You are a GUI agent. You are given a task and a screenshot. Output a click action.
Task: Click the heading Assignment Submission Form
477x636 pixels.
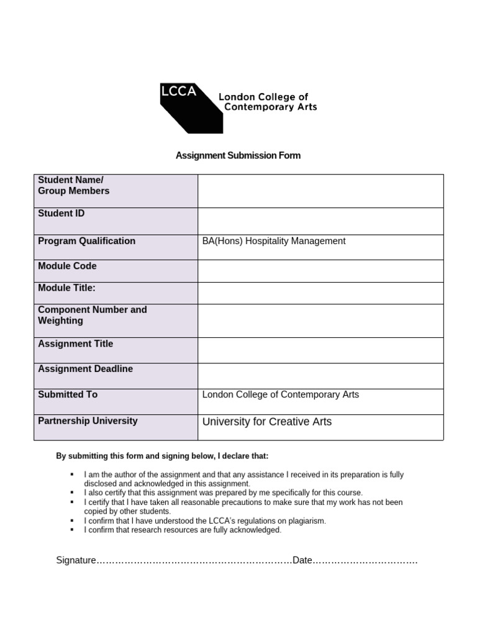[238, 155]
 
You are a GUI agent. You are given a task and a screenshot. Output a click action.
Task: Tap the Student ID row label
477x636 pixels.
[61, 214]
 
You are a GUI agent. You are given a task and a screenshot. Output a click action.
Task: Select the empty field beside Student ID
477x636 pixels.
[320, 221]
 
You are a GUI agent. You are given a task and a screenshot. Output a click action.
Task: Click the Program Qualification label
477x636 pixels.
[86, 241]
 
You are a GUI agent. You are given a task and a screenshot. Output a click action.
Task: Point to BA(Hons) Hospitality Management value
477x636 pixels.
[274, 241]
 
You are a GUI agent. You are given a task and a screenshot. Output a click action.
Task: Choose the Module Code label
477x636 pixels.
[67, 266]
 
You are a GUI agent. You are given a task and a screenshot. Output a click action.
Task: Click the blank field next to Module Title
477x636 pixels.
[320, 293]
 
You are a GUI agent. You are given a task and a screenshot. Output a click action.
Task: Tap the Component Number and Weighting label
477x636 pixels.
[92, 315]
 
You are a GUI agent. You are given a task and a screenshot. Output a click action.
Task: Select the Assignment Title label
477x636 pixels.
[75, 343]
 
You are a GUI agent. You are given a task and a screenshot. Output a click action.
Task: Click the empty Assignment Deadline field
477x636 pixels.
[320, 376]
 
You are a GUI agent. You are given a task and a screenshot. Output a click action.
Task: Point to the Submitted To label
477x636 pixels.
[68, 394]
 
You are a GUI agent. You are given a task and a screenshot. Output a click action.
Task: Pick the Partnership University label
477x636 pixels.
[88, 420]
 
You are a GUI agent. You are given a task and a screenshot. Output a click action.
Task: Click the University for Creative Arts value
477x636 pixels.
[267, 422]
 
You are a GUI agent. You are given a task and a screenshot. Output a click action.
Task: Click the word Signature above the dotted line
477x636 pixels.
[76, 560]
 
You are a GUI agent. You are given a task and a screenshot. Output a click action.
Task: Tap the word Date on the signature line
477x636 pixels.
[302, 560]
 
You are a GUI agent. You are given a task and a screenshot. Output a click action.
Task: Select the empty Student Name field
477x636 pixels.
[320, 191]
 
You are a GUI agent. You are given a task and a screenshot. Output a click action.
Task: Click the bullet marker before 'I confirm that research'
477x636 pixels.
[73, 530]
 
